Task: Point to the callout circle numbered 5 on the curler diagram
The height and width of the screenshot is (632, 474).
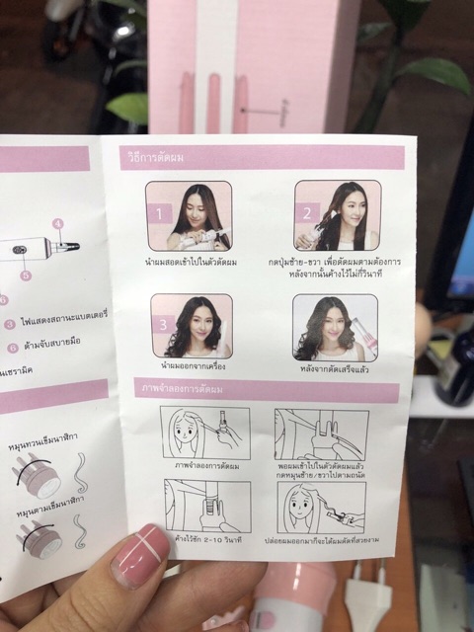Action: click(x=27, y=274)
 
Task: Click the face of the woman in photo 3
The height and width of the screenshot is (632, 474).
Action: click(x=197, y=314)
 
